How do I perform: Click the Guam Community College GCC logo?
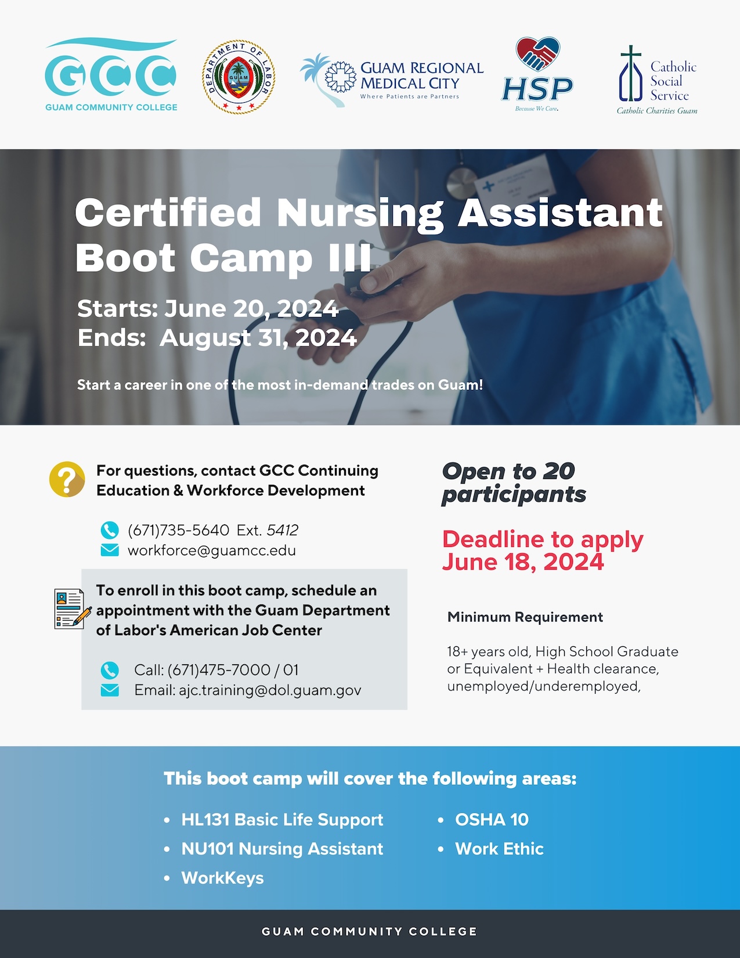pyautogui.click(x=111, y=74)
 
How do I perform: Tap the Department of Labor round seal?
pyautogui.click(x=239, y=77)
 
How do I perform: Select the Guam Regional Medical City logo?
pyautogui.click(x=392, y=80)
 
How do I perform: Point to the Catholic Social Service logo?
pyautogui.click(x=657, y=80)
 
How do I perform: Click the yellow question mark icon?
pyautogui.click(x=67, y=479)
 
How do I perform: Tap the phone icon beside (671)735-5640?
pyautogui.click(x=110, y=530)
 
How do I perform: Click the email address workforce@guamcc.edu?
pyautogui.click(x=212, y=550)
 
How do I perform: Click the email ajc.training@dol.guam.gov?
pyautogui.click(x=270, y=690)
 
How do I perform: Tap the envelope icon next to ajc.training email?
pyautogui.click(x=110, y=690)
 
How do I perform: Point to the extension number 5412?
pyautogui.click(x=283, y=530)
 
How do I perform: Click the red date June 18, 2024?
pyautogui.click(x=523, y=561)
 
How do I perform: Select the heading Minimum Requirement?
pyautogui.click(x=525, y=617)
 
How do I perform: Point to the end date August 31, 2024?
pyautogui.click(x=258, y=338)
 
